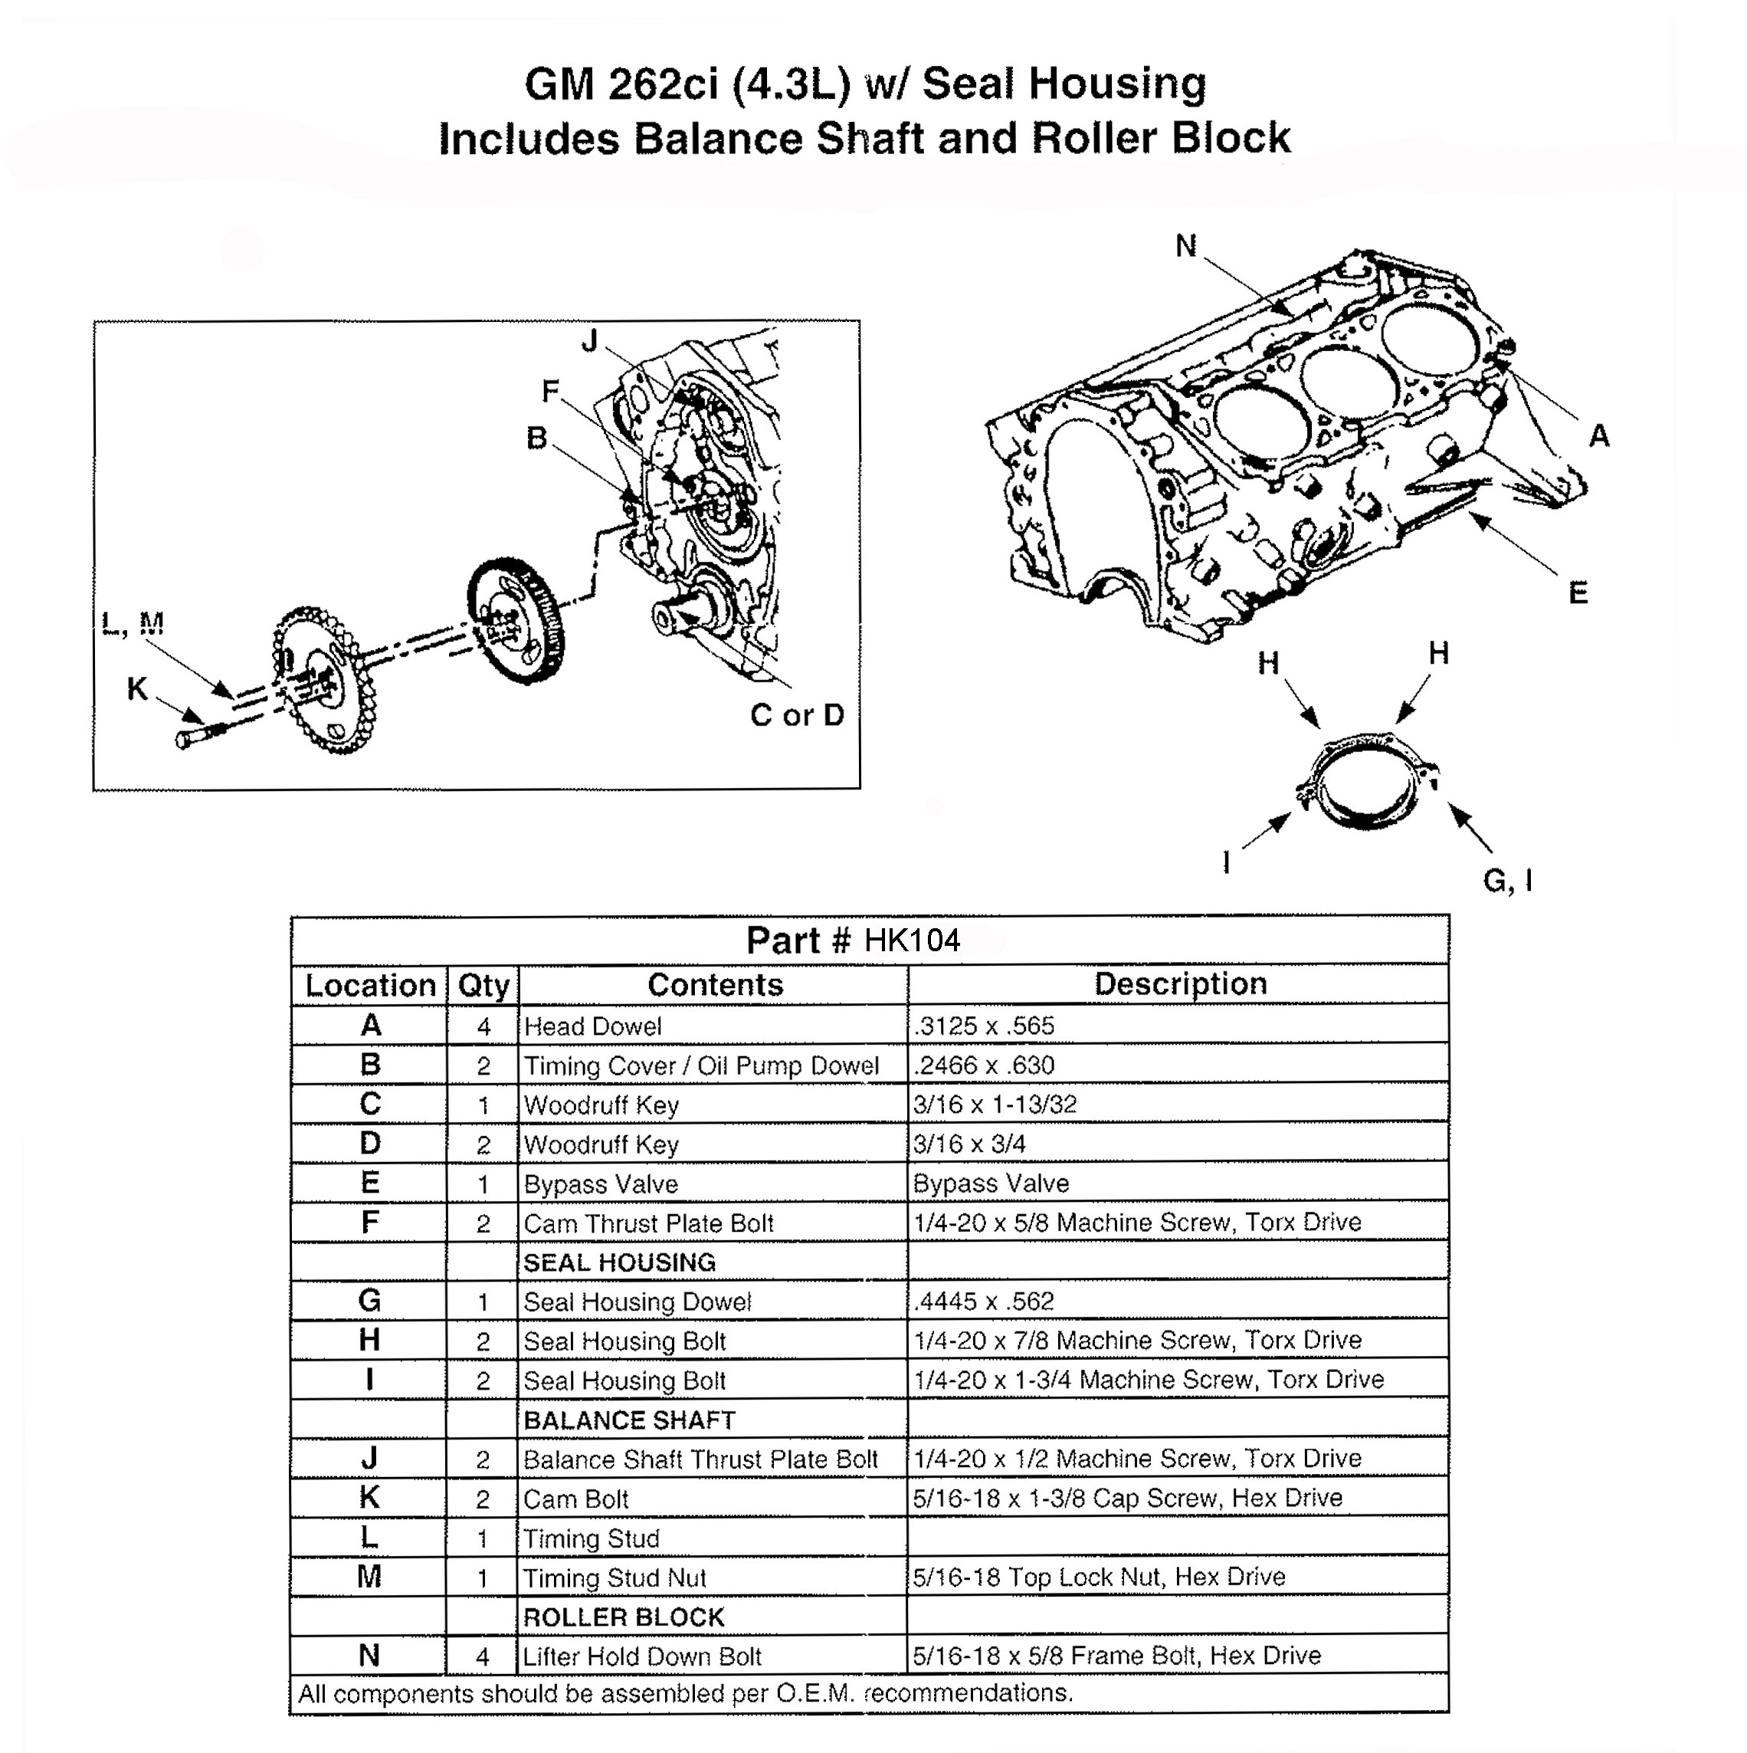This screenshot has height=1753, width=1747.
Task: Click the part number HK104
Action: tap(911, 940)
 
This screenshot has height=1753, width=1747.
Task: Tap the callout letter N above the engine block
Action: tap(1185, 245)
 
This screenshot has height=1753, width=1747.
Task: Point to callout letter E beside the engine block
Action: tap(1578, 593)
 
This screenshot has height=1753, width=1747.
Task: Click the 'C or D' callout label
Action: tap(796, 715)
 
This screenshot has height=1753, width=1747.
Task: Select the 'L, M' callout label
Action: tap(133, 623)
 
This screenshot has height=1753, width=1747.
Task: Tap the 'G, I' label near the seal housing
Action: tap(1507, 879)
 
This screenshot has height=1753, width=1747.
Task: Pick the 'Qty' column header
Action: tap(483, 986)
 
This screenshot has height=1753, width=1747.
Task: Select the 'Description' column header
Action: tap(1179, 983)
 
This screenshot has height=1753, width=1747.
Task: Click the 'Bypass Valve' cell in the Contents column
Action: tap(601, 1184)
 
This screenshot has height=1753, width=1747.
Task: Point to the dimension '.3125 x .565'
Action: tap(983, 1026)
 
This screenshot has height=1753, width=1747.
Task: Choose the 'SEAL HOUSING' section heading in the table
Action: tap(620, 1262)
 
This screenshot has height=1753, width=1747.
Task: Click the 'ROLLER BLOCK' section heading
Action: tap(624, 1617)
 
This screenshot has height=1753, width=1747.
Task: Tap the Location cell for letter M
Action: tap(369, 1577)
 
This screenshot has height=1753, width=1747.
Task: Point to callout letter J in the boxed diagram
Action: tap(589, 341)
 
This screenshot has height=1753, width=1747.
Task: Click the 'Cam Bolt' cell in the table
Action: tap(576, 1499)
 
